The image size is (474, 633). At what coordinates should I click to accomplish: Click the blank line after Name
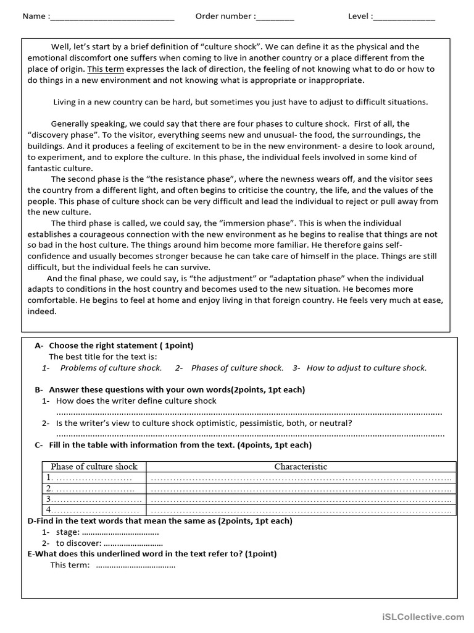(x=112, y=17)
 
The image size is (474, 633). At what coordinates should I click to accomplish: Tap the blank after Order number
(x=275, y=17)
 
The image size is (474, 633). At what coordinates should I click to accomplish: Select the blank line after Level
(x=404, y=17)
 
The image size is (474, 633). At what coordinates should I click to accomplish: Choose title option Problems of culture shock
(x=110, y=368)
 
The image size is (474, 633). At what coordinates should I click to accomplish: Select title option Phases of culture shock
(x=237, y=368)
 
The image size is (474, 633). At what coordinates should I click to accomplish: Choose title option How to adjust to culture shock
(x=366, y=368)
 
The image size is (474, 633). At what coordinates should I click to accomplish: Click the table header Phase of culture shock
(x=94, y=467)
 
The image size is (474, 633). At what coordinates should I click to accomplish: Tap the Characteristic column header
(x=301, y=467)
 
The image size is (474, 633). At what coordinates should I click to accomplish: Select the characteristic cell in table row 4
(x=301, y=510)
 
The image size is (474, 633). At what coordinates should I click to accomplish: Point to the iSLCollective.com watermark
(x=423, y=616)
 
